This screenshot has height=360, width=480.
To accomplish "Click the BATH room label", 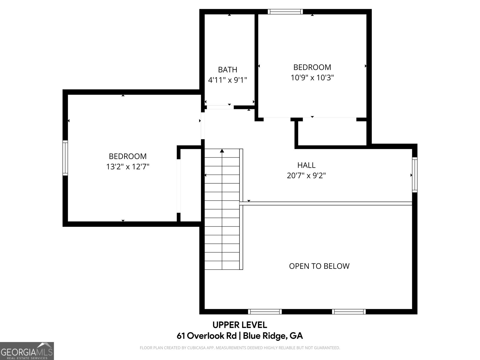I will point(227,70).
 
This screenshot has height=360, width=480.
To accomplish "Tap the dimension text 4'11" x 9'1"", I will point(227,80).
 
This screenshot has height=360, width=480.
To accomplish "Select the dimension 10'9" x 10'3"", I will point(312,78).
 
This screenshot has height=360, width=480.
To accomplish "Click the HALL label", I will point(306,165).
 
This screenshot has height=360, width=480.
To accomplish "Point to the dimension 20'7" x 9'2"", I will point(306,175).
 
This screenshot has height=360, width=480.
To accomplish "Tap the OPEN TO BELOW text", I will point(319,266).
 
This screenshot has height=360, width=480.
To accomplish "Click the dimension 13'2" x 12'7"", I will point(128,167).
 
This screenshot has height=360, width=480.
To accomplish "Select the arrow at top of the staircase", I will point(222,151).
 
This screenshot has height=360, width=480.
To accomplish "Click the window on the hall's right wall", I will point(415,175).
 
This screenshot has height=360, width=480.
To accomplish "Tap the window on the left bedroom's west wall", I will point(65,158).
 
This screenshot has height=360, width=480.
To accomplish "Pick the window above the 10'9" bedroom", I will point(285,12).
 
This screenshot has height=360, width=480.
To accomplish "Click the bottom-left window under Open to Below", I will point(265,312).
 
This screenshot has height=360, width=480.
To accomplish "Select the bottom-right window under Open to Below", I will point(349,312).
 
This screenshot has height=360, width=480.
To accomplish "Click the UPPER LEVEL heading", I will point(240,325).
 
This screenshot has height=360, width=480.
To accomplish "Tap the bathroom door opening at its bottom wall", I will point(220,107).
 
